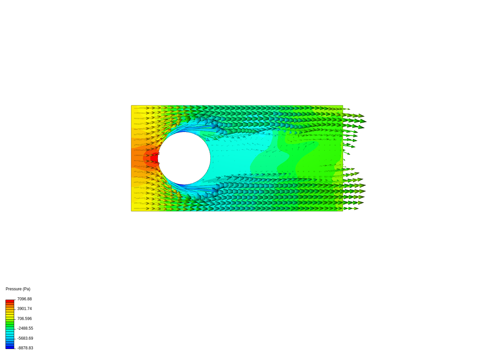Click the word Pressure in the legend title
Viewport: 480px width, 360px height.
[14, 289]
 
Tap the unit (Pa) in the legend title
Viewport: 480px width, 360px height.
[26, 289]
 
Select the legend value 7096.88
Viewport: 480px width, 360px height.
[24, 299]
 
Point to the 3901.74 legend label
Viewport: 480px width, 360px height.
[24, 309]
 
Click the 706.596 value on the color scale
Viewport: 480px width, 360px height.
[24, 318]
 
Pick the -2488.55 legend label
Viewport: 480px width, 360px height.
[25, 328]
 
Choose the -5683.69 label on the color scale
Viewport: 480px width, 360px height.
[25, 338]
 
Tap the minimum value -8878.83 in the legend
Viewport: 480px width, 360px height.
[25, 348]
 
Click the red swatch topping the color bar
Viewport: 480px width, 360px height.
[10, 301]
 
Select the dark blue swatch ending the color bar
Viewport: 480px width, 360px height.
[10, 347]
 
